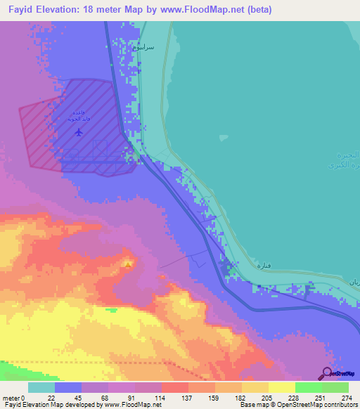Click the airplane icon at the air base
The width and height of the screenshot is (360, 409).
pyautogui.click(x=78, y=131)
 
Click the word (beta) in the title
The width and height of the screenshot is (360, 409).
pyautogui.click(x=257, y=10)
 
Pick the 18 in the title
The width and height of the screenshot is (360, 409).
pyautogui.click(x=92, y=10)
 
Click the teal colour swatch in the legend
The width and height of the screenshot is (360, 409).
pyautogui.click(x=41, y=387)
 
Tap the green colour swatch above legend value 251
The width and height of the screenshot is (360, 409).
pyautogui.click(x=309, y=387)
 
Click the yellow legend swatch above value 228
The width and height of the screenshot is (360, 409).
pyautogui.click(x=282, y=387)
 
